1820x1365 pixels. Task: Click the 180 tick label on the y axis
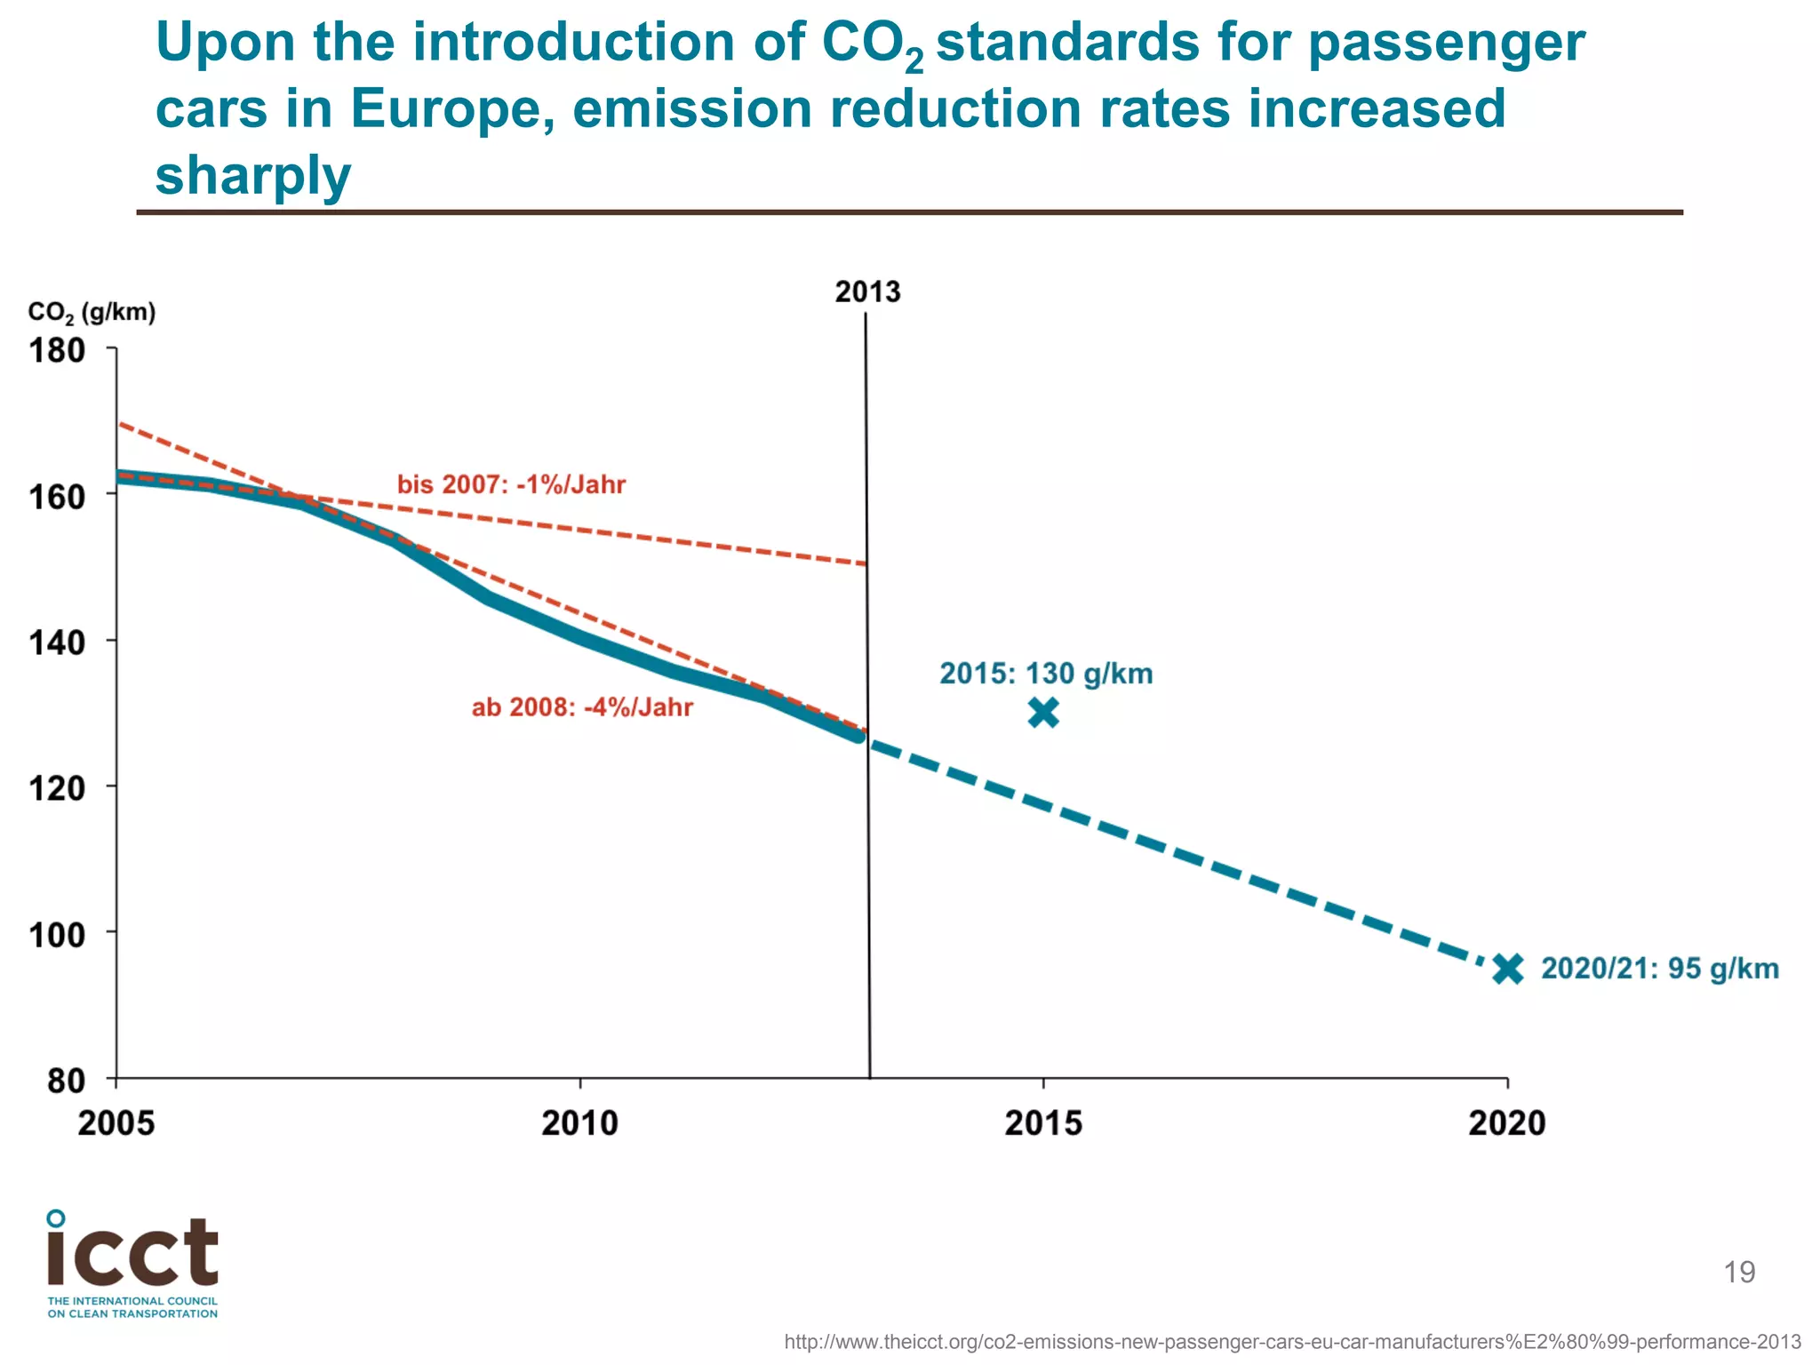click(x=57, y=351)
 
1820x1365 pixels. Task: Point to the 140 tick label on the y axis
click(x=57, y=642)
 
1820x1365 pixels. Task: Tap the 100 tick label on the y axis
click(x=57, y=934)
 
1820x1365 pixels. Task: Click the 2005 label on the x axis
click(x=116, y=1123)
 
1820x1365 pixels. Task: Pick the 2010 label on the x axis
click(x=579, y=1123)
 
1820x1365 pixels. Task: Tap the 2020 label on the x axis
click(x=1507, y=1123)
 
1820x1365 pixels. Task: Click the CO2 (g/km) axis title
click(x=92, y=313)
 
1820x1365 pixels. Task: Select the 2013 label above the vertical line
click(x=867, y=291)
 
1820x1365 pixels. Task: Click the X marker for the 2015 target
click(x=1043, y=713)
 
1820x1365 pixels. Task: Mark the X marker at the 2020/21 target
click(x=1508, y=969)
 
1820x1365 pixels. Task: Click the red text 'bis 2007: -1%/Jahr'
click(x=511, y=484)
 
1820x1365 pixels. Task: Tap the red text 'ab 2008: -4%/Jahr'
click(x=582, y=707)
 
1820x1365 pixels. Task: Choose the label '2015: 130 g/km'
click(x=1046, y=674)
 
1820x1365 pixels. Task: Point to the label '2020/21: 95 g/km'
click(x=1659, y=968)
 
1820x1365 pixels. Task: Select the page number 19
click(x=1739, y=1273)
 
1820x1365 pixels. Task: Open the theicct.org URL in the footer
click(x=1292, y=1342)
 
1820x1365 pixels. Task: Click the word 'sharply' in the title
click(x=253, y=175)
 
